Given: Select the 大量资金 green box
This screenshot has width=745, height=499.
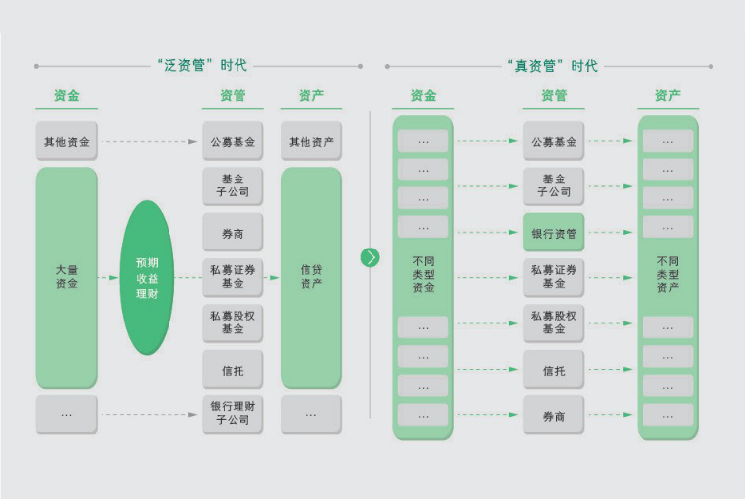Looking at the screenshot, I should pyautogui.click(x=66, y=277).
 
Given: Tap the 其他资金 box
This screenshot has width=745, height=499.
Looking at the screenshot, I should pyautogui.click(x=66, y=141).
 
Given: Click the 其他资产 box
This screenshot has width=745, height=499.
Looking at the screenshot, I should pyautogui.click(x=310, y=141).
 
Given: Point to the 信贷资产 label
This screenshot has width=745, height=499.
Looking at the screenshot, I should pyautogui.click(x=310, y=277).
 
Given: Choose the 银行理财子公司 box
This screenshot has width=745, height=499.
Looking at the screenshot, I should pyautogui.click(x=233, y=414).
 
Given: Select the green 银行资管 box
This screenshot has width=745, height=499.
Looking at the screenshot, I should pyautogui.click(x=553, y=233).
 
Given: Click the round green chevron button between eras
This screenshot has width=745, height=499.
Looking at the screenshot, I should pyautogui.click(x=370, y=257).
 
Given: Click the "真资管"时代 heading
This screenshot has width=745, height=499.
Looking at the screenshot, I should pyautogui.click(x=552, y=66).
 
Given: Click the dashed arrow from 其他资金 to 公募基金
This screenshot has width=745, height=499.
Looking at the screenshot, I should pyautogui.click(x=149, y=141).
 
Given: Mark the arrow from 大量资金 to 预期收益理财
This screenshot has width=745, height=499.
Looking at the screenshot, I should pyautogui.click(x=109, y=278).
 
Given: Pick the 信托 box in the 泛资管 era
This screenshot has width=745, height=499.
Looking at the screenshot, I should pyautogui.click(x=233, y=371).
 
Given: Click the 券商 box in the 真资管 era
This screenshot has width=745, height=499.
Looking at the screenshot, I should pyautogui.click(x=553, y=416).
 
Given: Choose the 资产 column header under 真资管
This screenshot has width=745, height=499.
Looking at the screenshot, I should pyautogui.click(x=667, y=96).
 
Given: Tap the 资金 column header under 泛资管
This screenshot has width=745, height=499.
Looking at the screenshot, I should pyautogui.click(x=66, y=96).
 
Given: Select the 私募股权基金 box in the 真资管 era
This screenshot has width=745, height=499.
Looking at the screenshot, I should pyautogui.click(x=553, y=322).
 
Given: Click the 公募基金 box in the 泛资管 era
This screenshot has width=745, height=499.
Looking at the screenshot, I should pyautogui.click(x=233, y=141).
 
